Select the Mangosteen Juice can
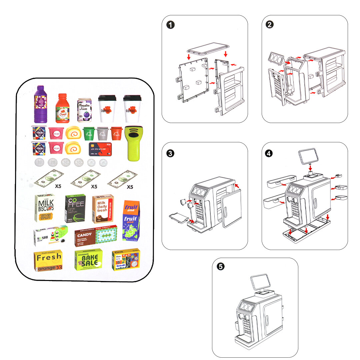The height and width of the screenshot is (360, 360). pyautogui.click(x=84, y=109)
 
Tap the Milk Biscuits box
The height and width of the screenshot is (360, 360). pyautogui.click(x=45, y=208)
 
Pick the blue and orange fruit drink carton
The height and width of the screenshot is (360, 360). pyautogui.click(x=130, y=220)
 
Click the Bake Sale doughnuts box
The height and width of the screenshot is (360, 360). pyautogui.click(x=88, y=260)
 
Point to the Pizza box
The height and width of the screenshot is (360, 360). pyautogui.click(x=126, y=259)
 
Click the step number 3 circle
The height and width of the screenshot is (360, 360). pyautogui.click(x=170, y=153)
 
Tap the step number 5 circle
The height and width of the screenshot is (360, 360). pyautogui.click(x=221, y=267)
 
